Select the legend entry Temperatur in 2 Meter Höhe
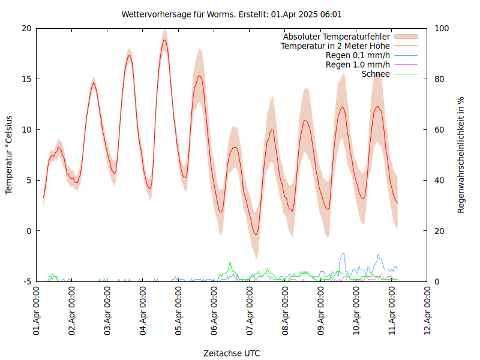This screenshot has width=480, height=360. click(x=335, y=46)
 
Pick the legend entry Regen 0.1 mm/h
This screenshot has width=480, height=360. click(x=358, y=55)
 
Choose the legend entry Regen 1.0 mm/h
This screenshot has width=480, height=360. click(x=358, y=65)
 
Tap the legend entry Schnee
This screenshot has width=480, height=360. click(x=376, y=74)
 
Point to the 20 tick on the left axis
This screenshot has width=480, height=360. click(x=26, y=28)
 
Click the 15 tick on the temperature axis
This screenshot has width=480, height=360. click(x=26, y=79)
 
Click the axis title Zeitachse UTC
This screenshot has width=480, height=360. click(x=232, y=353)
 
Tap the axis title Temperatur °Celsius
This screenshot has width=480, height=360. click(x=9, y=155)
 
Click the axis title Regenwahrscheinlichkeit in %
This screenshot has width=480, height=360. click(x=461, y=155)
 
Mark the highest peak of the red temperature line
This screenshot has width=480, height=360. click(x=164, y=40)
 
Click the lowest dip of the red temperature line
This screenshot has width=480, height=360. click(x=256, y=234)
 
